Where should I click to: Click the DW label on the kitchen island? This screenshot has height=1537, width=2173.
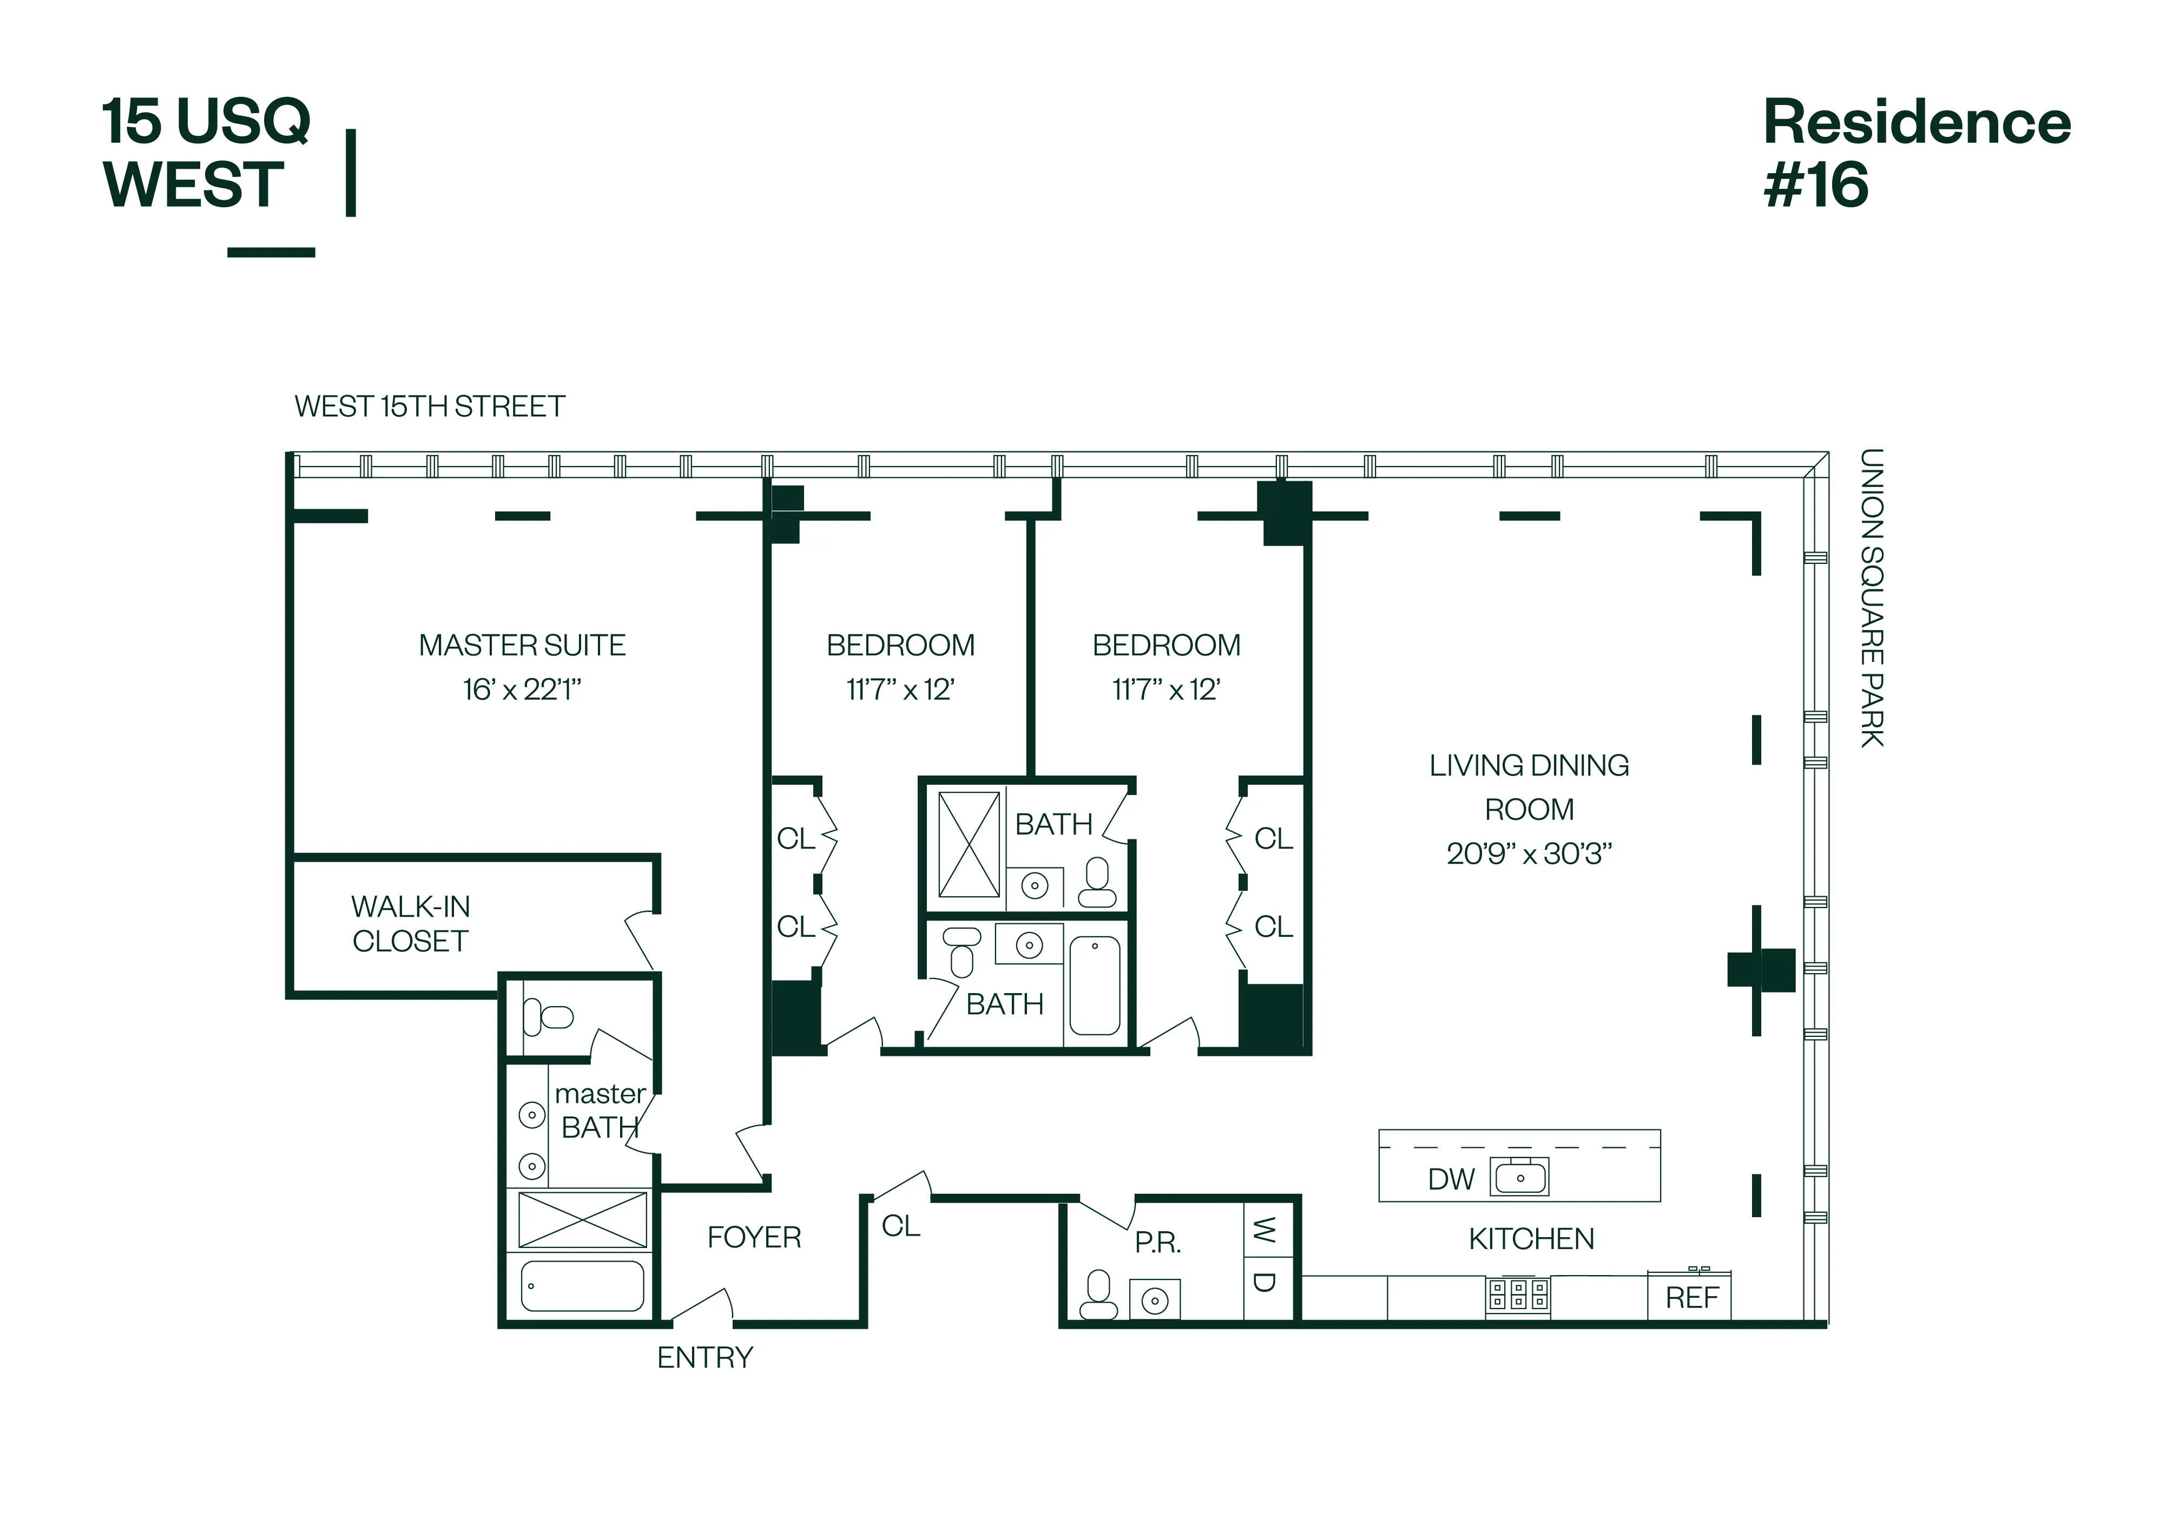pyautogui.click(x=1450, y=1179)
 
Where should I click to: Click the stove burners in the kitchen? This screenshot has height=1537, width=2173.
pyautogui.click(x=1518, y=1294)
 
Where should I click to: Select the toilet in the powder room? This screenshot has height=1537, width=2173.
pyautogui.click(x=1098, y=1296)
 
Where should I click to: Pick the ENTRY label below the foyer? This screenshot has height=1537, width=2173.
pyautogui.click(x=705, y=1358)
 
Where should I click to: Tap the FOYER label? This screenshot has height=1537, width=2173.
pyautogui.click(x=754, y=1238)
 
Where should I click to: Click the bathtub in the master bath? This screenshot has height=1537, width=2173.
pyautogui.click(x=582, y=1286)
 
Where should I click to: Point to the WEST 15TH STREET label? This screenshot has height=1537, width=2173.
pyautogui.click(x=430, y=407)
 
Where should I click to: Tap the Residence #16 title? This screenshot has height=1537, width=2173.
pyautogui.click(x=1915, y=153)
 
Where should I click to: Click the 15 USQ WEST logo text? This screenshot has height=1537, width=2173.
pyautogui.click(x=206, y=153)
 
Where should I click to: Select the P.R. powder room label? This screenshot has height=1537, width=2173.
pyautogui.click(x=1157, y=1243)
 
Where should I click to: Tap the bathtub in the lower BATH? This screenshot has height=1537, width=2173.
pyautogui.click(x=1095, y=985)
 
